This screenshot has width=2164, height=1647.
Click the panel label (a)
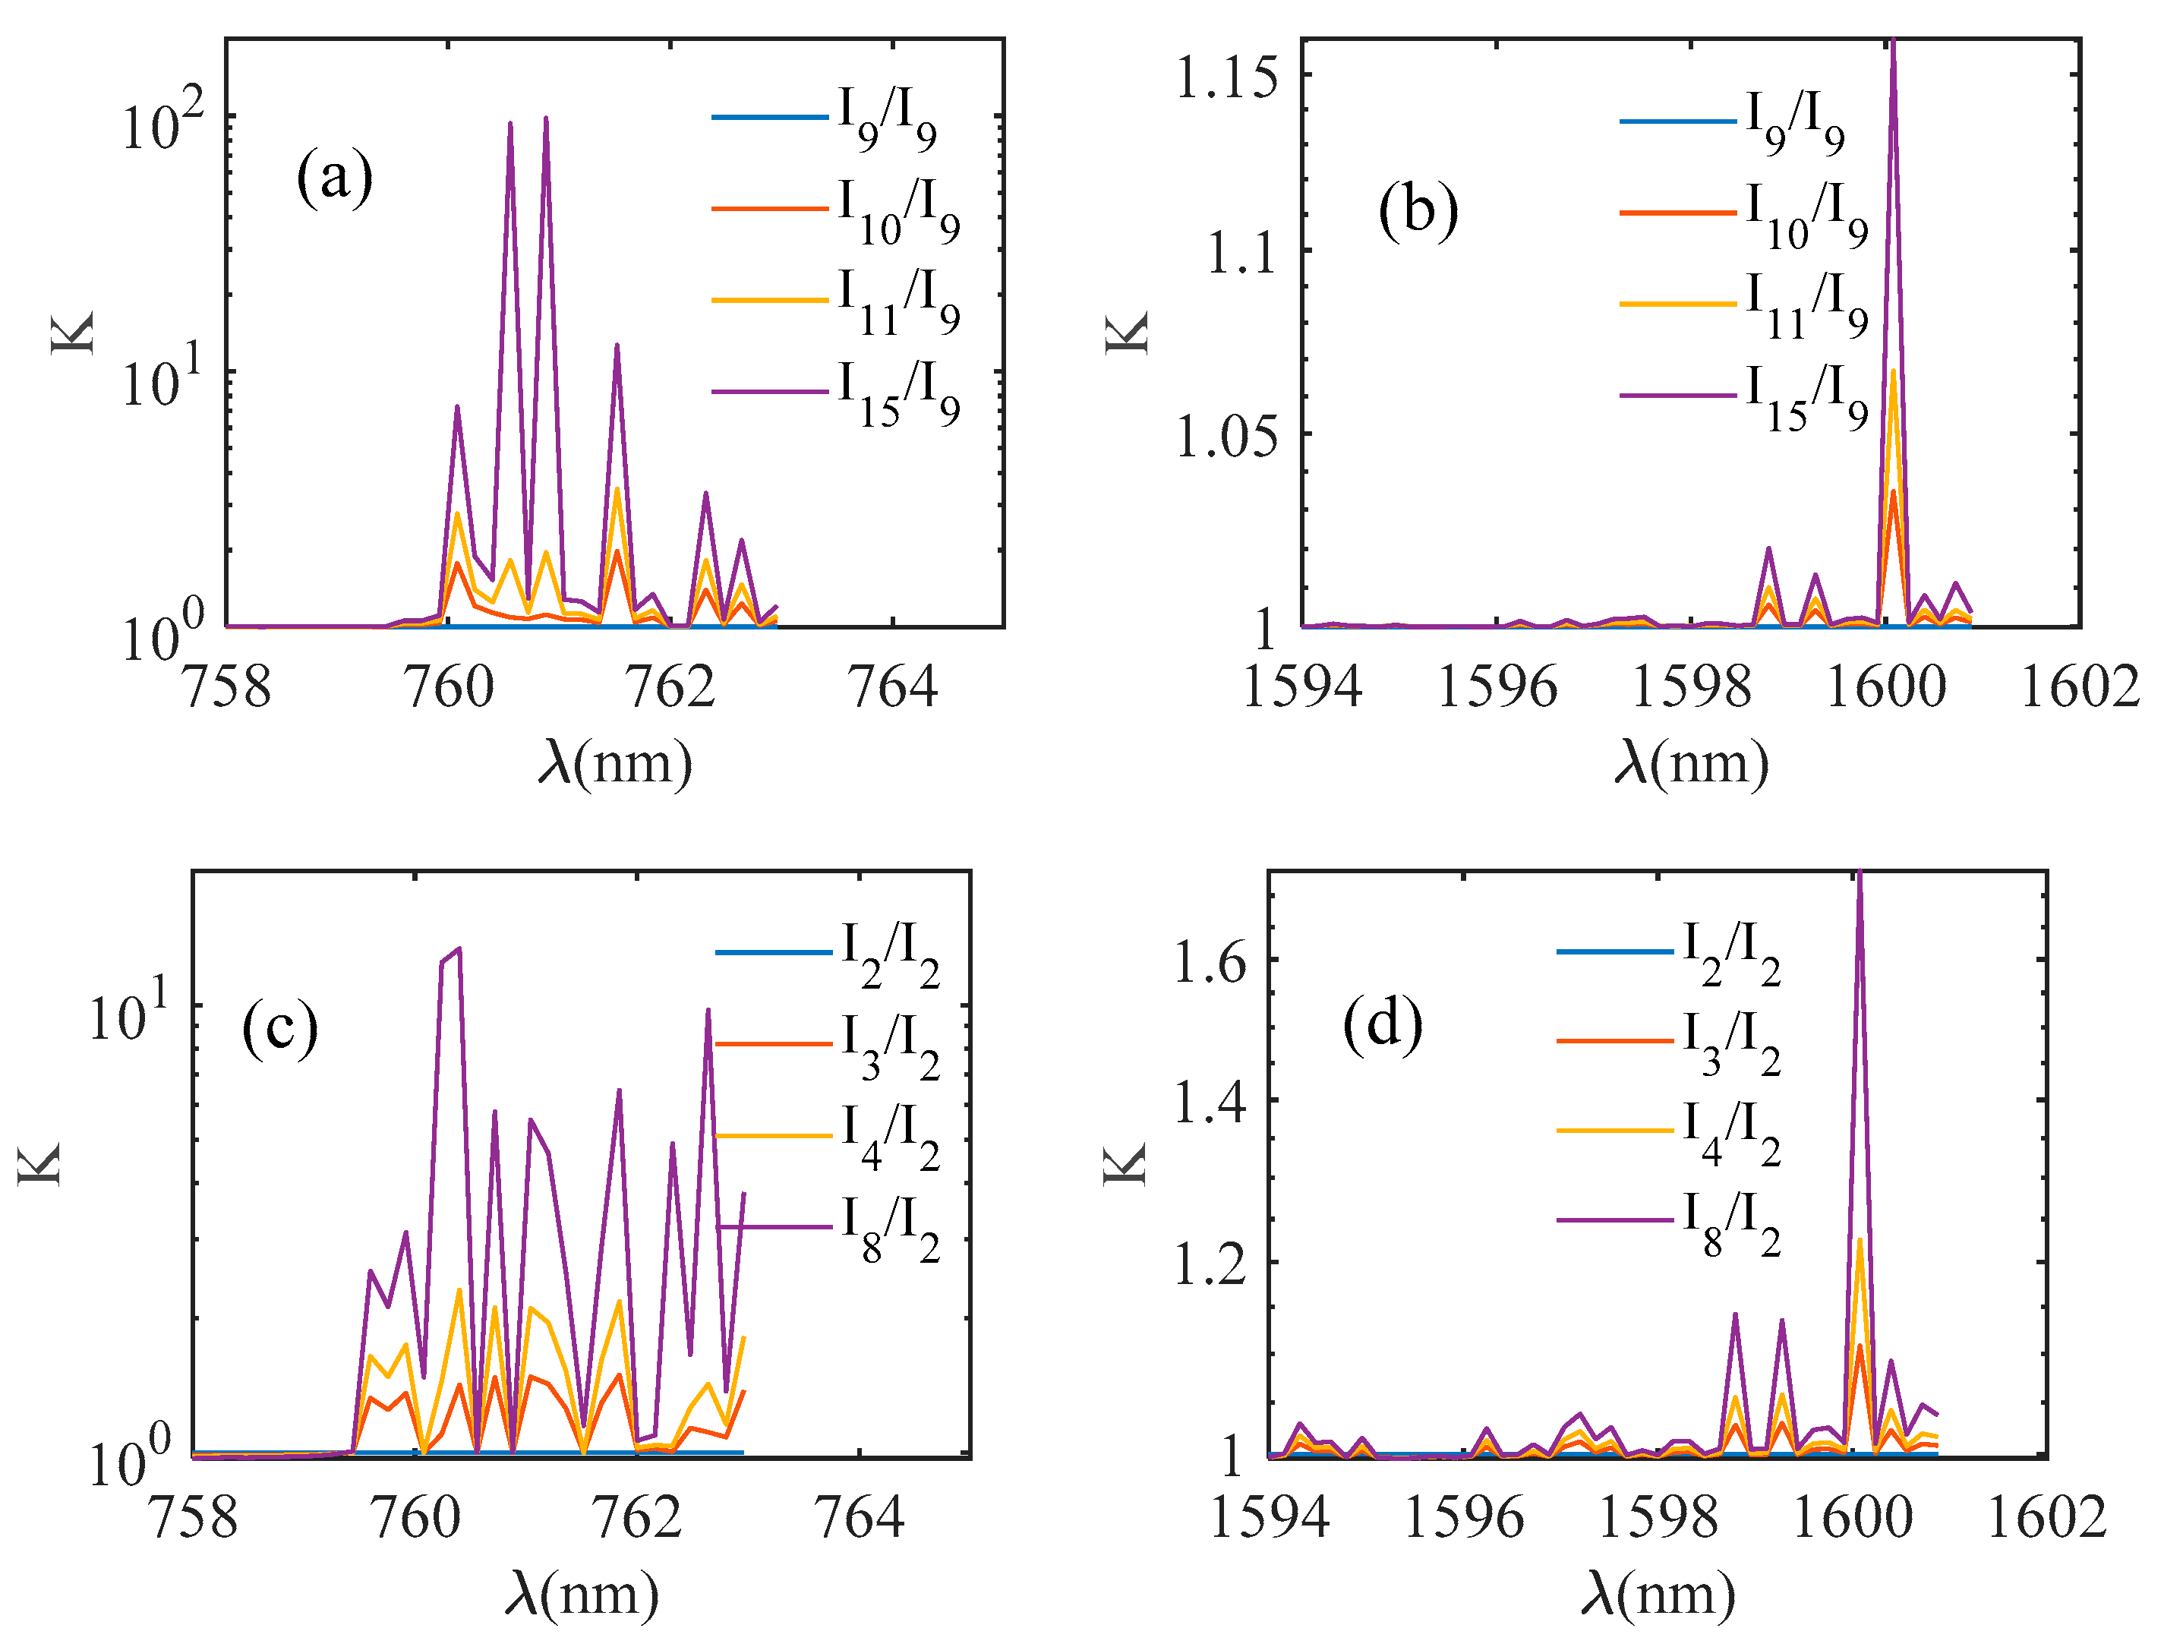(x=334, y=176)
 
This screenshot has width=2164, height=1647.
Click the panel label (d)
(x=1383, y=1025)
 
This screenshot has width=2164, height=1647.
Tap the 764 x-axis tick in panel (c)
(x=860, y=1519)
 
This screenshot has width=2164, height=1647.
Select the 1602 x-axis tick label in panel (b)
(x=2080, y=686)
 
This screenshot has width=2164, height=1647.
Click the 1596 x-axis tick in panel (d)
(x=1463, y=1519)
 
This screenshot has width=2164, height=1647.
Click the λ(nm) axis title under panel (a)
(x=616, y=762)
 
